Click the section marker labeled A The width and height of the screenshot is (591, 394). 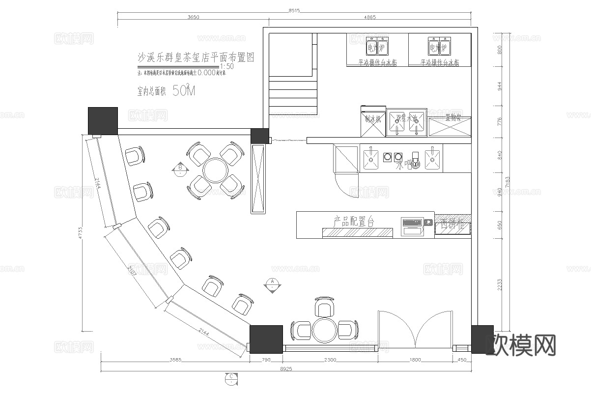coord(272,284)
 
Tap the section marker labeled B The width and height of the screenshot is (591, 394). coord(180,170)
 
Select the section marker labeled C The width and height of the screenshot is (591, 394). coord(230,377)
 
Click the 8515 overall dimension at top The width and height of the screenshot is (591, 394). coord(294,10)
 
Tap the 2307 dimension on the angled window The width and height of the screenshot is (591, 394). coord(133,270)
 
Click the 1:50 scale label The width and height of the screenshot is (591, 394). coord(227,66)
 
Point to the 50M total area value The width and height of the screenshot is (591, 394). coord(184,91)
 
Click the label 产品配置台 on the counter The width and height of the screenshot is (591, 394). coord(354,222)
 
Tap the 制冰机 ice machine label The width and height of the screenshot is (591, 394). coord(372,118)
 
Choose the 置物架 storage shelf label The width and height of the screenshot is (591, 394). coord(452,118)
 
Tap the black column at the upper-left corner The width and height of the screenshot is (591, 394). coord(103,120)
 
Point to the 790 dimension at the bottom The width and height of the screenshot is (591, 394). coord(266,360)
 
